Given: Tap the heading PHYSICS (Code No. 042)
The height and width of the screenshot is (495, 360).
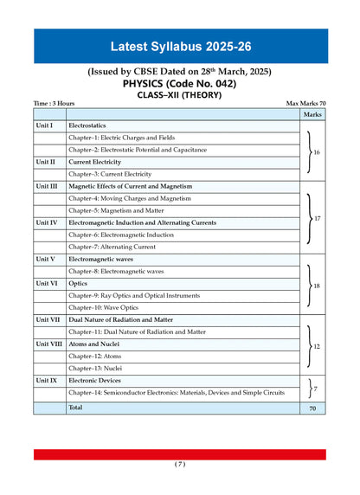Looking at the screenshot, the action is coord(179,83).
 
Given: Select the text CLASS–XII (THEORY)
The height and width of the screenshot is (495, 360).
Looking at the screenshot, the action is coord(179,95).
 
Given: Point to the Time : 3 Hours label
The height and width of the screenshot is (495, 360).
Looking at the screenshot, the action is coord(54,104).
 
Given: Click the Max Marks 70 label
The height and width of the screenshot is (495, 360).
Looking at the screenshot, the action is coord(305,104).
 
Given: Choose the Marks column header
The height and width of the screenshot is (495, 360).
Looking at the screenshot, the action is coord(312,114).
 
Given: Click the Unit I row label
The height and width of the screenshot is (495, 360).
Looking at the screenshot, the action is coord(45,125).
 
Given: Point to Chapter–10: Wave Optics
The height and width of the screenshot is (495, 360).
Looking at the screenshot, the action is coord(103,307).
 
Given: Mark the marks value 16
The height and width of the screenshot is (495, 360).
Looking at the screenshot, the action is coord(316,152).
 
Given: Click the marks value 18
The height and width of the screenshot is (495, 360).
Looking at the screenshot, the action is coord(317,285).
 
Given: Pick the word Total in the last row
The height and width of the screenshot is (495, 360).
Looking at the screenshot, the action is coord(76,407).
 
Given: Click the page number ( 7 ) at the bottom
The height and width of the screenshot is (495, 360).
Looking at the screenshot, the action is coord(179,464).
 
